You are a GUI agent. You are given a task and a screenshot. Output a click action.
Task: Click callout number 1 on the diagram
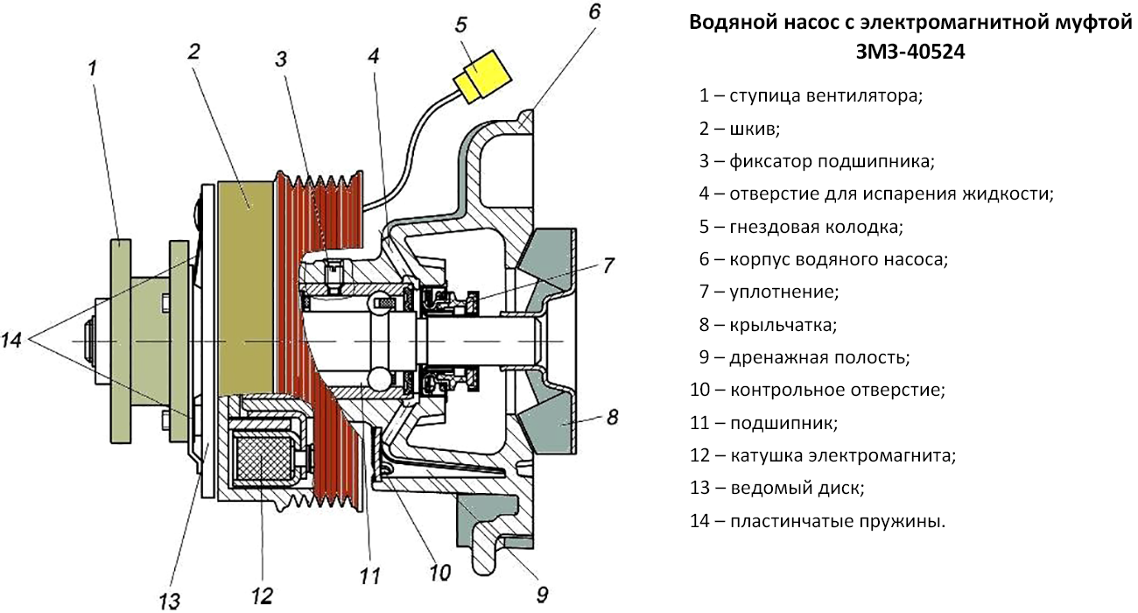[x=94, y=67]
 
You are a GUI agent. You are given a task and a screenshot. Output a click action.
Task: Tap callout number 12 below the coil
[x=262, y=595]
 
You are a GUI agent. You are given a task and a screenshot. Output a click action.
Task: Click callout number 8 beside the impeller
[x=612, y=417]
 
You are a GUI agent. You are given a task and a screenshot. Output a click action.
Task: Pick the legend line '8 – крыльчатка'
[x=768, y=325]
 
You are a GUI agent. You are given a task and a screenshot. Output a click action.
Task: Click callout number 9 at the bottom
[x=542, y=595]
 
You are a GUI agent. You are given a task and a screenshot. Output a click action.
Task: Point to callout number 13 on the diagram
[x=169, y=599]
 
